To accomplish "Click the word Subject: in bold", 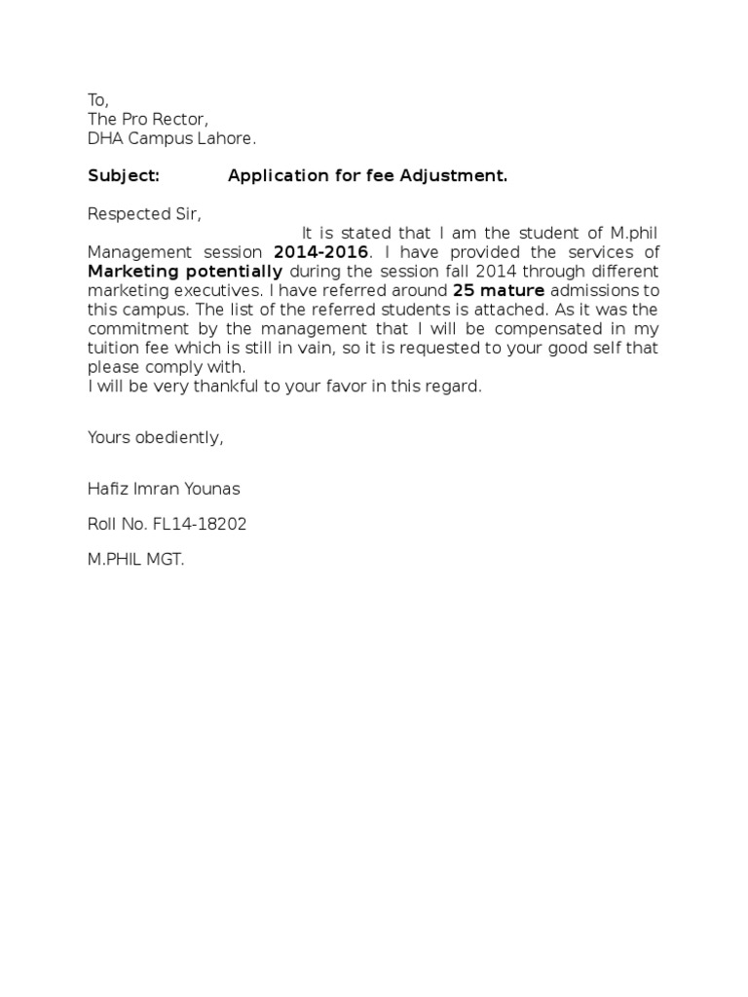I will [x=123, y=176].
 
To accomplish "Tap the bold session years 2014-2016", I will [x=320, y=252].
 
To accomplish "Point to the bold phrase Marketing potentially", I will [x=185, y=272].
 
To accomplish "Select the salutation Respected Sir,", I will [x=145, y=214].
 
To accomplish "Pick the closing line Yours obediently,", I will [x=156, y=437].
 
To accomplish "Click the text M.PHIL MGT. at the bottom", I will [x=135, y=560].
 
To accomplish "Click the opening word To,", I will [x=98, y=100].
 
